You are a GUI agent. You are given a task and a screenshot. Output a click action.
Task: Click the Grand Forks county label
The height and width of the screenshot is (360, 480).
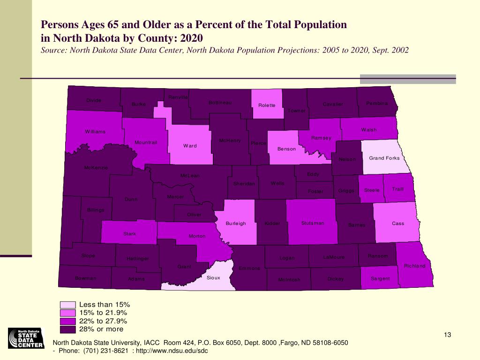click(384, 158)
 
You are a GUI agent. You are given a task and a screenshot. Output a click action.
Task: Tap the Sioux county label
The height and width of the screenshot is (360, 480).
click(213, 277)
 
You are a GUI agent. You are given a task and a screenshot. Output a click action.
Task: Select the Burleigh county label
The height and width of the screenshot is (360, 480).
click(236, 224)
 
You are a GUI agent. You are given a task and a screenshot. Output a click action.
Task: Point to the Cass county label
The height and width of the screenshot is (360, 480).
click(398, 224)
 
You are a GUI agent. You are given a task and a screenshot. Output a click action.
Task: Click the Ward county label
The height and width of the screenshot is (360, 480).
click(190, 146)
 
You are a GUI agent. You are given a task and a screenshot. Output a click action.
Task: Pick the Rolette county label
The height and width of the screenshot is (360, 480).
click(267, 105)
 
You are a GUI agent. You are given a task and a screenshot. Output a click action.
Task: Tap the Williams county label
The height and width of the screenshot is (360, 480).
click(95, 132)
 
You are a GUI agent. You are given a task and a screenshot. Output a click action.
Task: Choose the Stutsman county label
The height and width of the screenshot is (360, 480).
click(313, 223)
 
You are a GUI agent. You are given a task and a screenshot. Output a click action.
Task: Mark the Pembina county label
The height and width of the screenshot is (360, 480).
click(377, 103)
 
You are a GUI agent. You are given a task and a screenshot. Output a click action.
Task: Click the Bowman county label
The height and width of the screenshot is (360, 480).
click(86, 278)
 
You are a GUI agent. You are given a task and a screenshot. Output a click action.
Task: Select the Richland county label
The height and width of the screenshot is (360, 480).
click(414, 266)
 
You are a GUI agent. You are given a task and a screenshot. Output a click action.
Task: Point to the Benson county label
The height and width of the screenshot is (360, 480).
click(286, 149)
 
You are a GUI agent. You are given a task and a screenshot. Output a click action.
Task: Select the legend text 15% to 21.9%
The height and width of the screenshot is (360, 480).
click(103, 313)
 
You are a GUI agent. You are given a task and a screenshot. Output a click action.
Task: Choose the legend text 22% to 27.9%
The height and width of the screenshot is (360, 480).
click(103, 321)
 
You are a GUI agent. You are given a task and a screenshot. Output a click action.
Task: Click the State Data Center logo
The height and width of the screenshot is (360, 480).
click(26, 338)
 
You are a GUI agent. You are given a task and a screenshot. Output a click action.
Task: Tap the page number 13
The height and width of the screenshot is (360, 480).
click(447, 334)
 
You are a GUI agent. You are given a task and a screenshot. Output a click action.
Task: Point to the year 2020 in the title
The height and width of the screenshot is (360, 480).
click(193, 37)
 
